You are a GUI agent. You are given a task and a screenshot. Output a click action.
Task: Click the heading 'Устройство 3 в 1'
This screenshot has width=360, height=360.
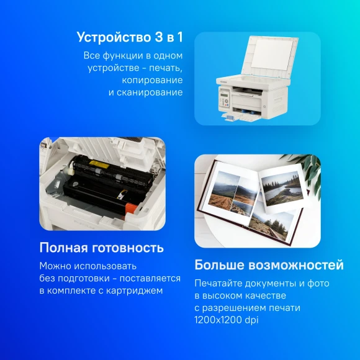(x=130, y=37)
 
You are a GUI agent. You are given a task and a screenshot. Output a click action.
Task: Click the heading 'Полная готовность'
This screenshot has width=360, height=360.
(x=101, y=248)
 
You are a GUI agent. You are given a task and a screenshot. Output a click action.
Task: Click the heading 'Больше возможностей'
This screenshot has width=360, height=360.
(x=269, y=265)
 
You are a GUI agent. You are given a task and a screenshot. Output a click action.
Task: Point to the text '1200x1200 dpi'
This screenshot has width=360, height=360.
(x=224, y=320)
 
